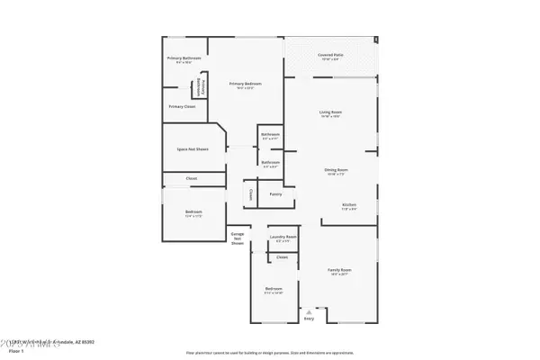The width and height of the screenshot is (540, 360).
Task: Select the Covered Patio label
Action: (x=329, y=56)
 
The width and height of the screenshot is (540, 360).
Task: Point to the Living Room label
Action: (x=330, y=112)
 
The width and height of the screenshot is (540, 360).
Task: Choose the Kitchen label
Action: (x=349, y=205)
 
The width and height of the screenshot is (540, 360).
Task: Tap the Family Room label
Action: (x=338, y=269)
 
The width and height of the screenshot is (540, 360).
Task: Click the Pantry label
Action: (x=275, y=193)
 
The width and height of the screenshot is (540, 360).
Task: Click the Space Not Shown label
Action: (x=193, y=148)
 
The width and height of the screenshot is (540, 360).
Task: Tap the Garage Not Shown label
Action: (x=238, y=238)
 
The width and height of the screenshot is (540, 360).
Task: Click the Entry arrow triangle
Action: (x=310, y=308)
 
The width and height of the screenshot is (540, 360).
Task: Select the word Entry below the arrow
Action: (x=310, y=318)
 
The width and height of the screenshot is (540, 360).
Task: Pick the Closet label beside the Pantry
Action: (x=249, y=193)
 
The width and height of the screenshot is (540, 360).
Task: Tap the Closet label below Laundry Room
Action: (x=283, y=257)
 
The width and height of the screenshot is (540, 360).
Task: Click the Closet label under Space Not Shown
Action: (x=192, y=178)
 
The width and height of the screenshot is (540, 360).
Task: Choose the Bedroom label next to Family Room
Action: (x=273, y=290)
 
